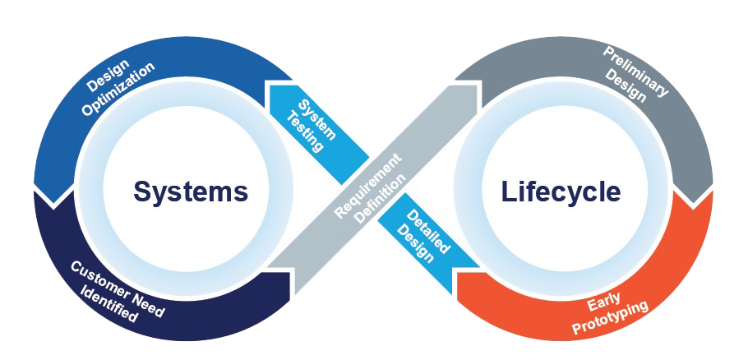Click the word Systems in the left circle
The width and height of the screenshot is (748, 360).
coord(190,192)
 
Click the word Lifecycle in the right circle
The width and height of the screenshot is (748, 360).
coord(561,192)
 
